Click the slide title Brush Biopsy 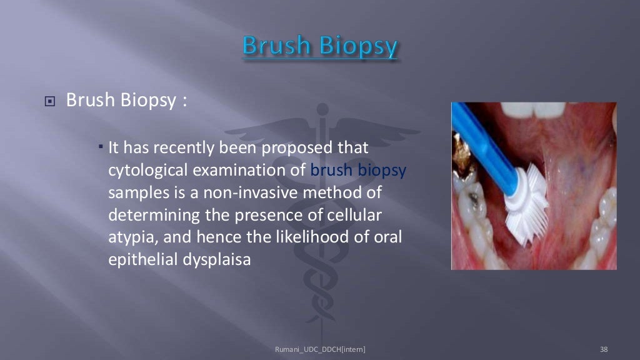[319, 47]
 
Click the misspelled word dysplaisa [216, 259]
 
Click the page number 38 [603, 349]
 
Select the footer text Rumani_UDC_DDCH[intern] [320, 349]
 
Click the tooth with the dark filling [472, 204]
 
